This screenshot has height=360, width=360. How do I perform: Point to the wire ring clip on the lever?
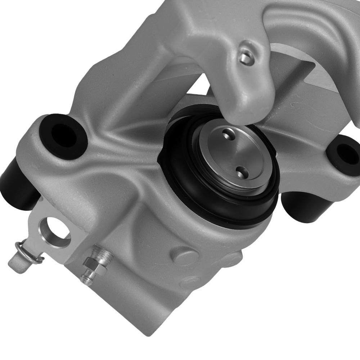point(27,252)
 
